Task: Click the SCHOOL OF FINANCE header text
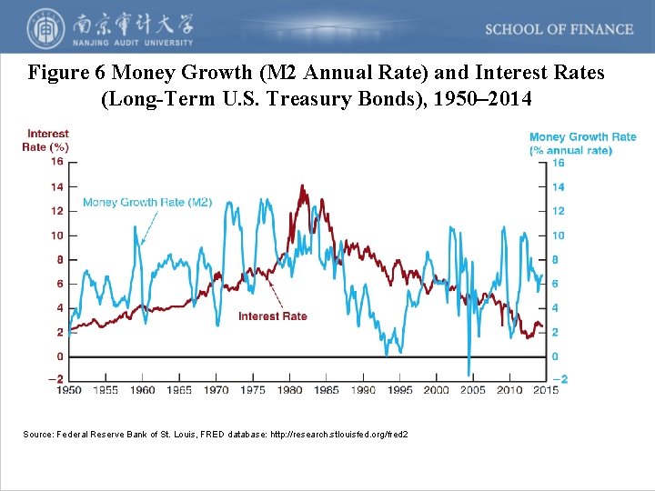click(x=559, y=29)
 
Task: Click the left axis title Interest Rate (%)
click(x=46, y=141)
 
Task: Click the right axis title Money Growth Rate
click(x=582, y=137)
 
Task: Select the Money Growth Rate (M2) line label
click(x=146, y=203)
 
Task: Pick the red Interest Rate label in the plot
click(x=272, y=316)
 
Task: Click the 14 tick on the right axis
click(x=559, y=187)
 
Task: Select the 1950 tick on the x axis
click(x=69, y=390)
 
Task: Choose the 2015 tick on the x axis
click(x=545, y=390)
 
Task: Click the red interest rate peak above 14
click(x=301, y=187)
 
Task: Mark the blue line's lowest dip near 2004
click(x=469, y=373)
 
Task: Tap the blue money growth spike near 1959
click(x=136, y=227)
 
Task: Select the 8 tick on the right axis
click(x=556, y=260)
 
